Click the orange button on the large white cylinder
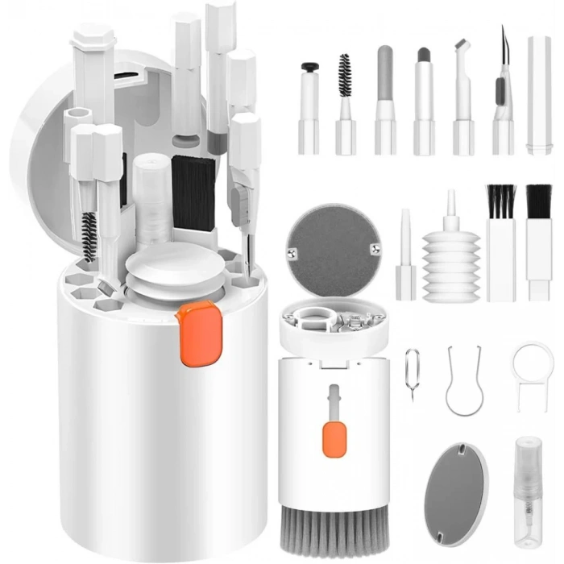pyautogui.click(x=198, y=334)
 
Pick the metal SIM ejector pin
pyautogui.click(x=413, y=374)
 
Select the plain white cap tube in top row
pyautogui.click(x=539, y=94)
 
